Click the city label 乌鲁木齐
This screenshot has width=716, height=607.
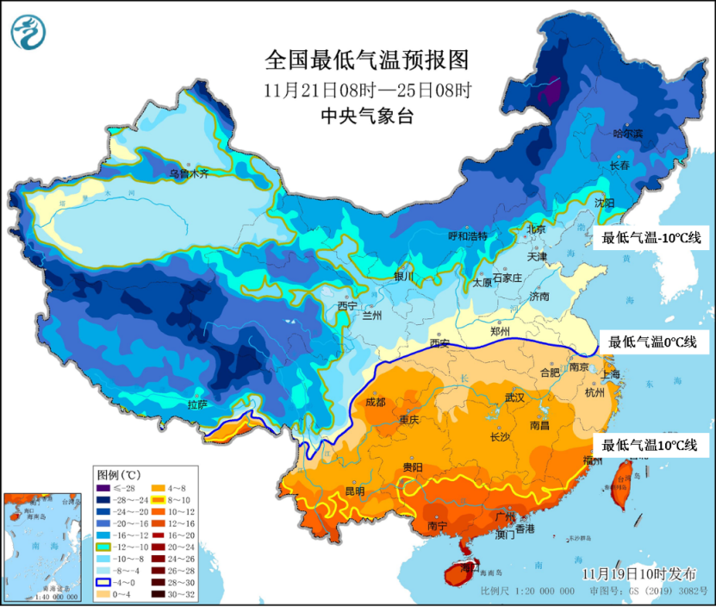[188, 173]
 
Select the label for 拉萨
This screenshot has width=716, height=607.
[197, 404]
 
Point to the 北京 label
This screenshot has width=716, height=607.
[536, 229]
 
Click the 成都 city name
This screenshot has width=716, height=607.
[376, 402]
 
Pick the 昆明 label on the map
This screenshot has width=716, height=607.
[354, 491]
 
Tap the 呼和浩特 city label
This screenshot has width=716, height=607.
[468, 236]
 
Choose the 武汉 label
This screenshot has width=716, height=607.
[516, 398]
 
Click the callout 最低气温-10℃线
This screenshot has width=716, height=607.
[651, 238]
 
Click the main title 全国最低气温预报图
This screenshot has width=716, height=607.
[367, 59]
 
